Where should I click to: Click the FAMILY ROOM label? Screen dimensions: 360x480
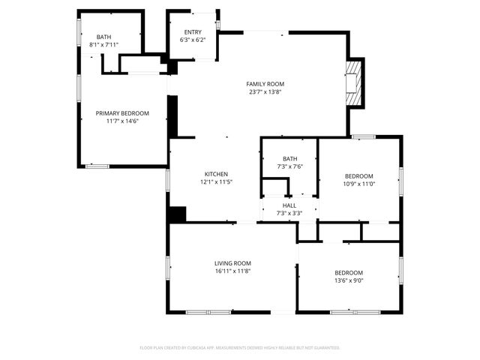(x=265, y=84)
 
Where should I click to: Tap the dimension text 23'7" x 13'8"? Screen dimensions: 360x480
(x=265, y=92)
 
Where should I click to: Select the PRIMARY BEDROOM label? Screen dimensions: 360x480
(x=122, y=113)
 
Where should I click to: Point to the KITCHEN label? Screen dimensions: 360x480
(x=216, y=174)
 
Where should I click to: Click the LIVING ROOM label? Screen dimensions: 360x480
(x=232, y=263)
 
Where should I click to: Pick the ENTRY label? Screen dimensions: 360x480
(x=193, y=32)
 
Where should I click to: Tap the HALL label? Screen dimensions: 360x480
(x=289, y=205)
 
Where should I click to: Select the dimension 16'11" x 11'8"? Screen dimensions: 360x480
(x=232, y=271)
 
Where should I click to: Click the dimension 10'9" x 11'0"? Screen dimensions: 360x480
(x=358, y=184)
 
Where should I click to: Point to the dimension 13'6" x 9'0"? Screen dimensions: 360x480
(x=349, y=280)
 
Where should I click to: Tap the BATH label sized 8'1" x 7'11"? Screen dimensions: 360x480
(x=103, y=37)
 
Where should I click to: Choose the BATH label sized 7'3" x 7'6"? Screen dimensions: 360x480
(x=289, y=159)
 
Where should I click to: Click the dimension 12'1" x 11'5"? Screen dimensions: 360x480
(x=216, y=182)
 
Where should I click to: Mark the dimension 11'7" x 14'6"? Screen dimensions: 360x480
(x=122, y=121)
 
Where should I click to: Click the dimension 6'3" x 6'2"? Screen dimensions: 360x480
(x=193, y=40)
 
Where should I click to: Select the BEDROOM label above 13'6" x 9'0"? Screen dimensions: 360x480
(x=349, y=272)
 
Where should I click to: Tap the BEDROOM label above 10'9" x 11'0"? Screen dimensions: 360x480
(x=358, y=175)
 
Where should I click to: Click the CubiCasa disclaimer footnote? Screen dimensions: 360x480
(x=240, y=348)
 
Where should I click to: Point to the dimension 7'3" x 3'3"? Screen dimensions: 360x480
(x=289, y=214)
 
